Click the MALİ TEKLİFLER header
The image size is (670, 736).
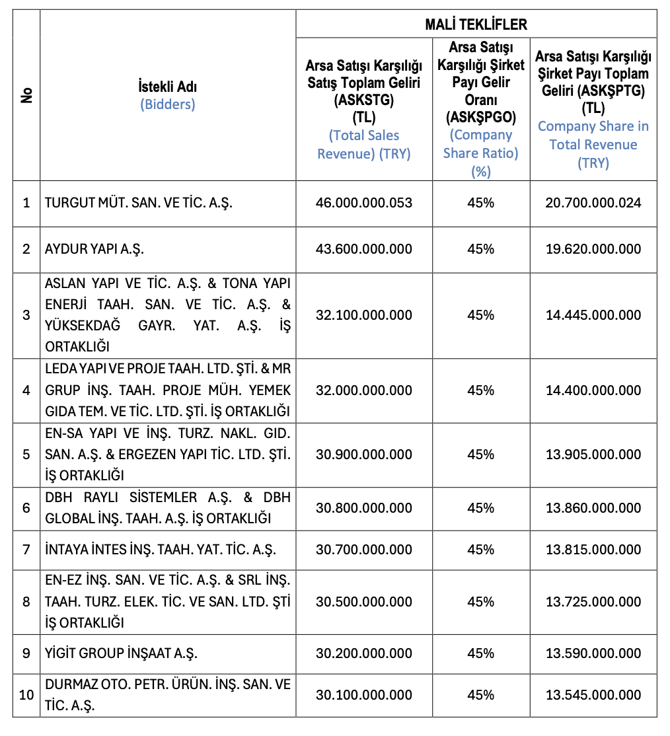point(476,24)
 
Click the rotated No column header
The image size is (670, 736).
point(27,95)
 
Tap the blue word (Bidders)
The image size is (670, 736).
point(167,104)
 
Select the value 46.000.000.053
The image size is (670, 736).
point(363,203)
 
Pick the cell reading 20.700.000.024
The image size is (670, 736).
point(593,203)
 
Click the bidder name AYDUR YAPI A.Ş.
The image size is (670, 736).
point(94,249)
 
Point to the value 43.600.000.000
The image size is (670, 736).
point(363,249)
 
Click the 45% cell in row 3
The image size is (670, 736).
point(480,315)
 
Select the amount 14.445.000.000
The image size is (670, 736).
point(593,315)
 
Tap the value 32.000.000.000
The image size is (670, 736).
point(363,390)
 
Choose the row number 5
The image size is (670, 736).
point(26,455)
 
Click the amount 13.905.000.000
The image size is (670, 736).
point(593,455)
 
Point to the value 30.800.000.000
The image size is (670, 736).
point(363,508)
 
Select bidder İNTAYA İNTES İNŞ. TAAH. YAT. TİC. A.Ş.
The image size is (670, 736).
point(161,550)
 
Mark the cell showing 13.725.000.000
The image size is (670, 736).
point(593,602)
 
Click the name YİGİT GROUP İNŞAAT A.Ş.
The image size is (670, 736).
point(122,653)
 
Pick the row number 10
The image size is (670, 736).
point(26,695)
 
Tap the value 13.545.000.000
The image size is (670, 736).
point(593,695)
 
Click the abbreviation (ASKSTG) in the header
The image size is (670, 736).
point(363,101)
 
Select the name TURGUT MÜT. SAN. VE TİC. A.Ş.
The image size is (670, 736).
point(139,203)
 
